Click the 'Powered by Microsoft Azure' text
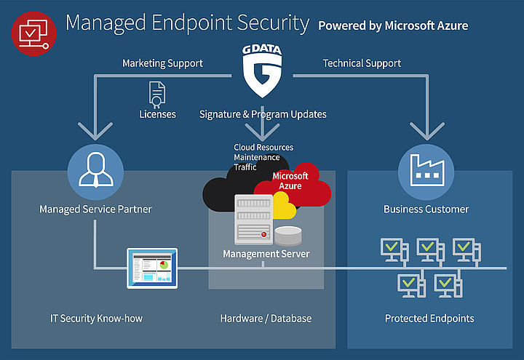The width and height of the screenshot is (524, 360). [393, 25]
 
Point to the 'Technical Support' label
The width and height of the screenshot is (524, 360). [362, 64]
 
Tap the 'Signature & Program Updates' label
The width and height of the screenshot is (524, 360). [263, 114]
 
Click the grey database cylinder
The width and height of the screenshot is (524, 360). [287, 236]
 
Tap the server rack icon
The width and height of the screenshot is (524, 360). [252, 219]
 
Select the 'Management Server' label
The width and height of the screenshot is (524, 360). [266, 254]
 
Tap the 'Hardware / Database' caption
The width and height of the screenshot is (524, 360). [266, 319]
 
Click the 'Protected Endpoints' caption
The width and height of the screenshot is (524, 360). [429, 319]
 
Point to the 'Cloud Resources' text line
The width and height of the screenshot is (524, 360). [263, 148]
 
